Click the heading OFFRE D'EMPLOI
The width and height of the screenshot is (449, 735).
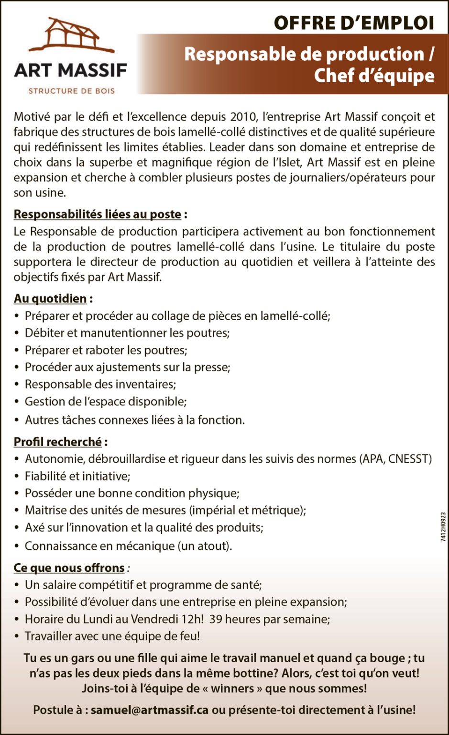[354, 23]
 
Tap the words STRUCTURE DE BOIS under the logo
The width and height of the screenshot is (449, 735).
[72, 90]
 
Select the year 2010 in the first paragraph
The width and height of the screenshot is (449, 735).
[243, 116]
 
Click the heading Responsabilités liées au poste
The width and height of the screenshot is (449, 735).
[97, 214]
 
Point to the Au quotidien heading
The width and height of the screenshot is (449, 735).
[50, 299]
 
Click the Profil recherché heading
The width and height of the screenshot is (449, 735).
[57, 442]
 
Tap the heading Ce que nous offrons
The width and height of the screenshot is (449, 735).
[69, 568]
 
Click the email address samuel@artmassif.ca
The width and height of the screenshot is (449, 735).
[150, 710]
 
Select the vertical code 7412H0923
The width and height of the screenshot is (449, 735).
[443, 527]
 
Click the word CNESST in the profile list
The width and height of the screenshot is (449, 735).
[410, 459]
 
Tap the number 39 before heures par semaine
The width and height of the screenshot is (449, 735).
[216, 619]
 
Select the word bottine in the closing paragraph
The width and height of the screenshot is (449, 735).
[254, 673]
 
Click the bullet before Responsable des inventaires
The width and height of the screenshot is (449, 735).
[17, 384]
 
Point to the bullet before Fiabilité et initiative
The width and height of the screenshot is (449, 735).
[17, 476]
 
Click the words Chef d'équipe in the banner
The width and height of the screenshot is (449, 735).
[374, 76]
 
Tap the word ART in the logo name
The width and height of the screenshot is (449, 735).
[33, 71]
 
